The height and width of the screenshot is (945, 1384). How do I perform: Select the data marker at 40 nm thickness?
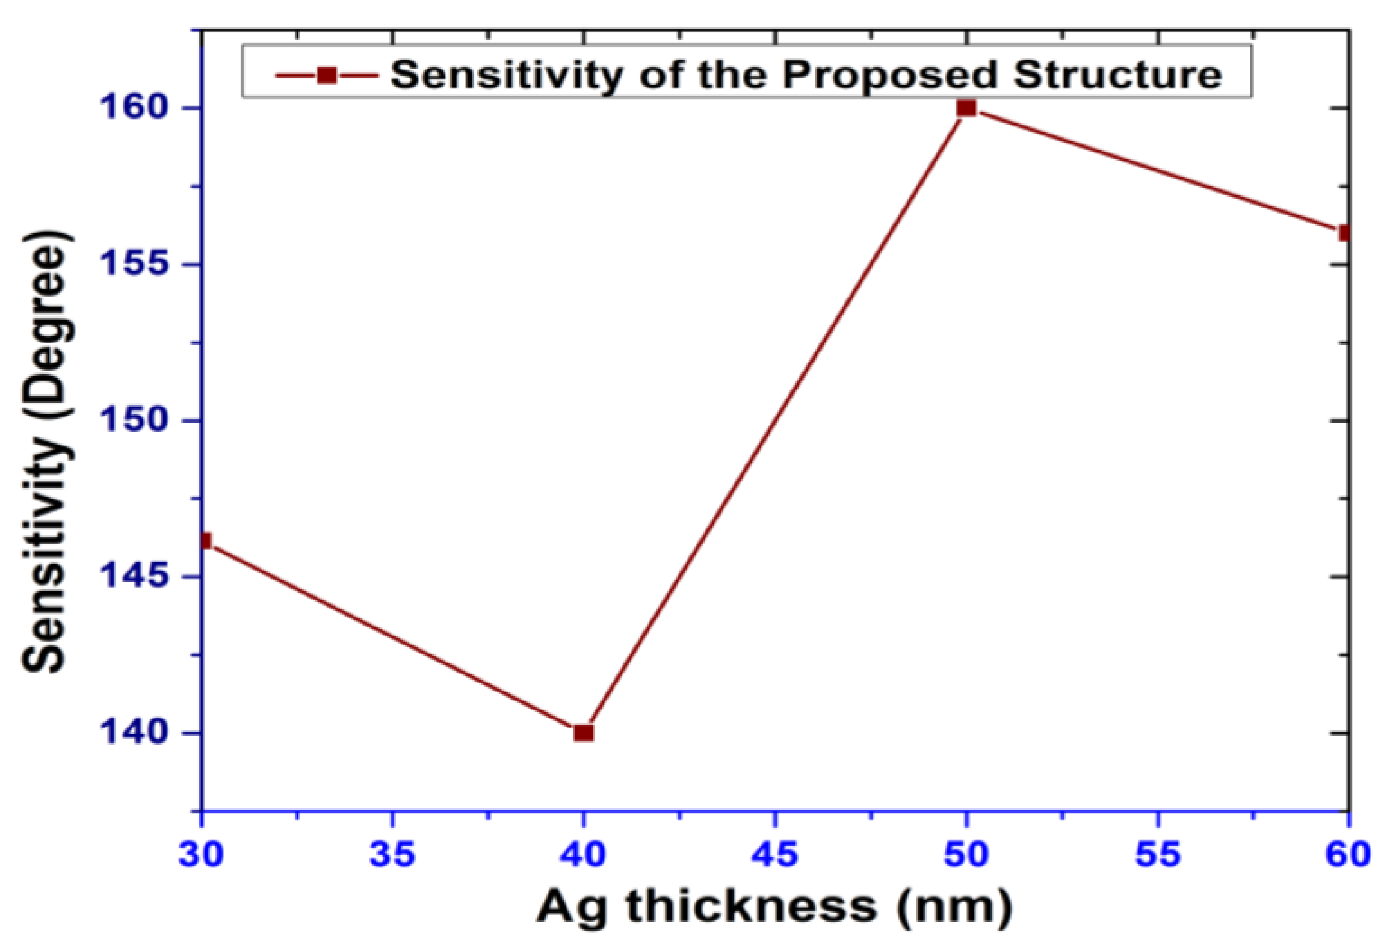(x=583, y=733)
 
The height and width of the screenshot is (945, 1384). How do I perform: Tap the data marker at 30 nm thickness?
(x=205, y=541)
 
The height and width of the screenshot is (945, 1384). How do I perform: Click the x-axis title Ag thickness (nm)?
(x=774, y=907)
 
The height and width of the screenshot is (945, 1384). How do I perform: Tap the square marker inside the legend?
(x=327, y=75)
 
